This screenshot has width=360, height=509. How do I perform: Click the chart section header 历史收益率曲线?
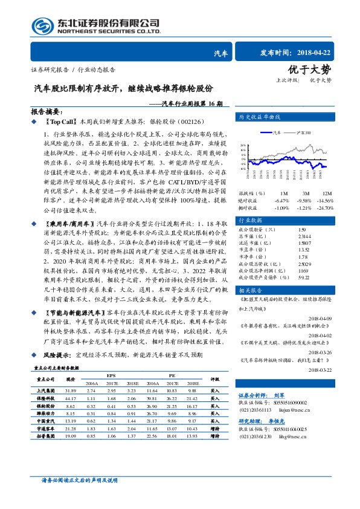(259, 116)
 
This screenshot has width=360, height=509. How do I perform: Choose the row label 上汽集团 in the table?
(46, 392)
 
